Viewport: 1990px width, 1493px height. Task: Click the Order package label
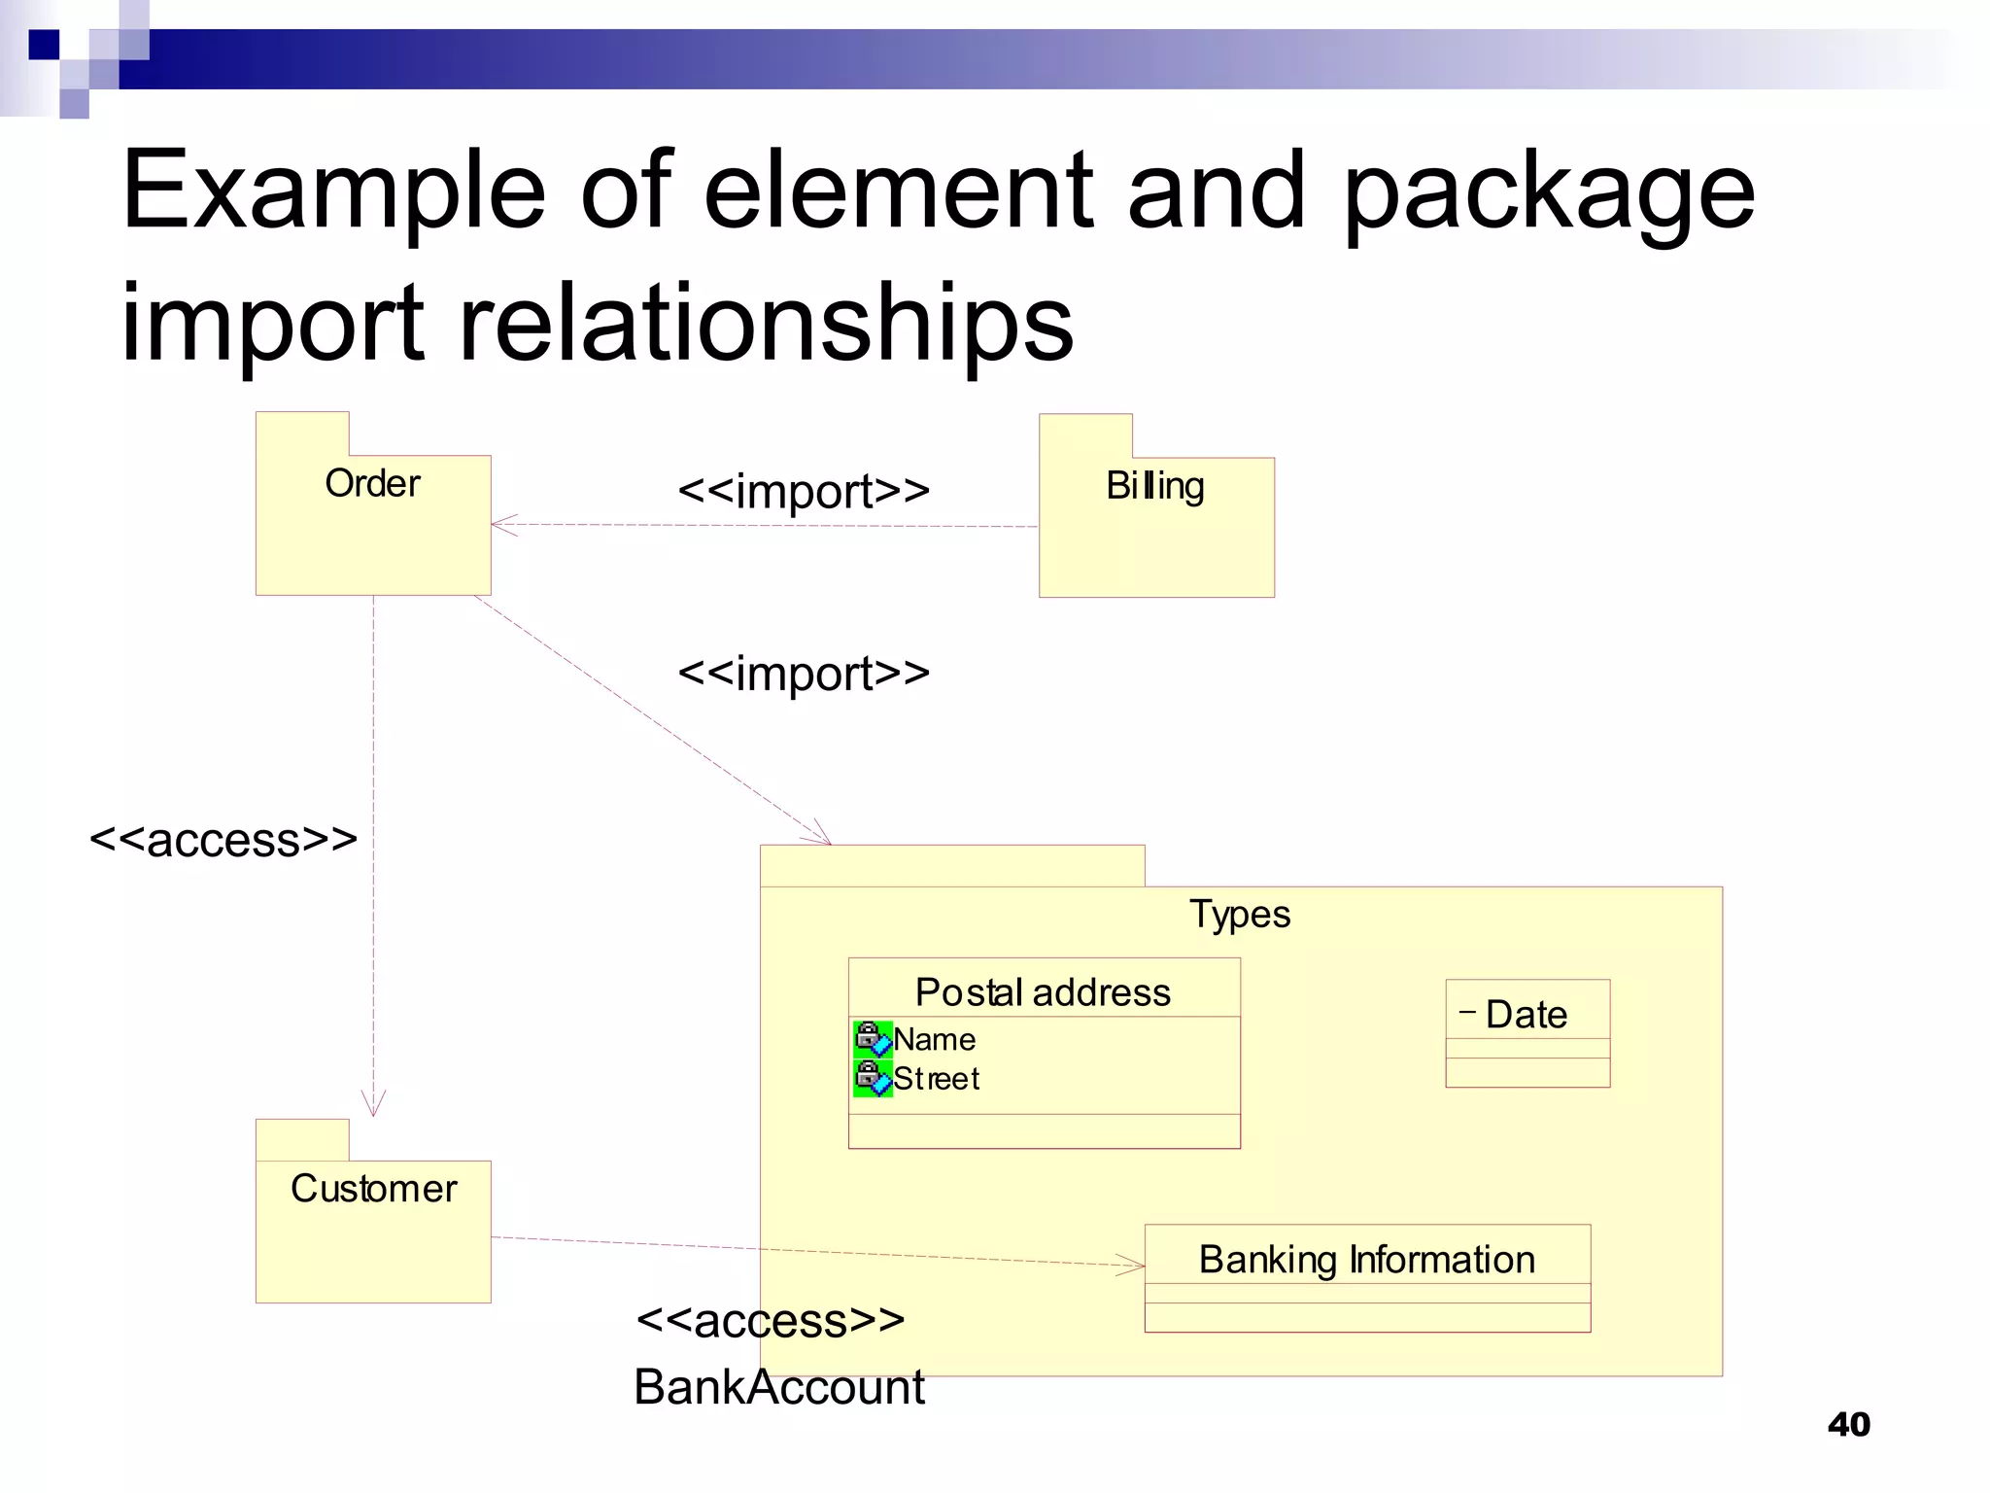click(372, 483)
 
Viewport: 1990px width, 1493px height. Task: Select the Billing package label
click(1154, 485)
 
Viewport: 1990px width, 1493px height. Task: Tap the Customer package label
click(373, 1188)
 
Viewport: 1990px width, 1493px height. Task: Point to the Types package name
click(1240, 914)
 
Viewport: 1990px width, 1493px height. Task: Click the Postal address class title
click(1043, 992)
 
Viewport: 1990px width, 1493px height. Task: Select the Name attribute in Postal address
click(934, 1039)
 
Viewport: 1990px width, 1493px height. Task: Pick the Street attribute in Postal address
click(936, 1078)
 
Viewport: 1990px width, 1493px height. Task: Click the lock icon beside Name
click(872, 1038)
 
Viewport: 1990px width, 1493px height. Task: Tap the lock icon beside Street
click(872, 1077)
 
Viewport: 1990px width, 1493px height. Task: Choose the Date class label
click(1526, 1014)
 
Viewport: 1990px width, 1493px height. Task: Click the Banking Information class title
click(1366, 1259)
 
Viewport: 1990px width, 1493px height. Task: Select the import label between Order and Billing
click(803, 490)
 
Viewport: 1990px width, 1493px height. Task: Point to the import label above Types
click(803, 673)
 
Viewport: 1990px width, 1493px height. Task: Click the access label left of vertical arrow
click(223, 839)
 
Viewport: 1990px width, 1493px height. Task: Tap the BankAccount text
click(778, 1386)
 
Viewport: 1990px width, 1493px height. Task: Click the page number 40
click(1848, 1424)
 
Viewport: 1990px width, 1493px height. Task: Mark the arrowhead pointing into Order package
click(501, 525)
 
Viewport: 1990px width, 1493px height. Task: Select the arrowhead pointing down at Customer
click(373, 1106)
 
